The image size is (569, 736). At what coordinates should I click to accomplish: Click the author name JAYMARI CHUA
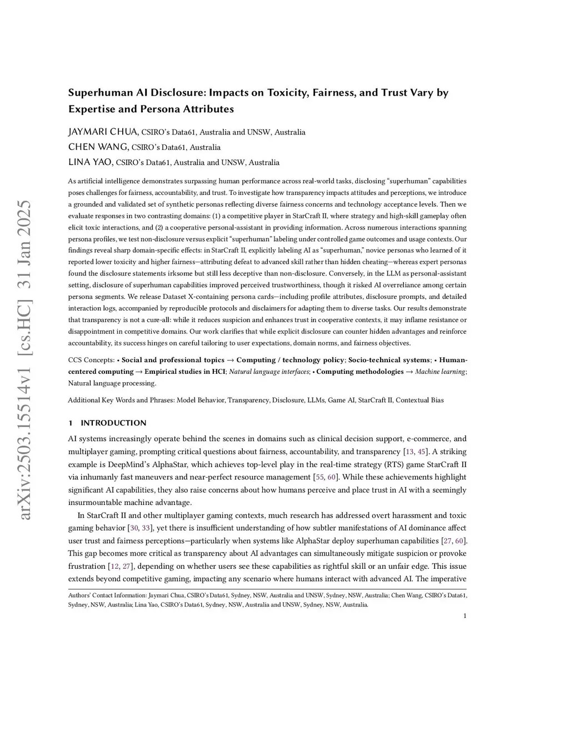tap(103, 132)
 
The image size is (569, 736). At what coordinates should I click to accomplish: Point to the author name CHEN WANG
tap(98, 147)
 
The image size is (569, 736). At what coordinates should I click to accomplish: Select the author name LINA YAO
tap(91, 162)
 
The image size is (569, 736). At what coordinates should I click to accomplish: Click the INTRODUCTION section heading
tap(113, 423)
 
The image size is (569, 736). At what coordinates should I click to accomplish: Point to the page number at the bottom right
tap(465, 615)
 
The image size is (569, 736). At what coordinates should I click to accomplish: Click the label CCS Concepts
tap(91, 360)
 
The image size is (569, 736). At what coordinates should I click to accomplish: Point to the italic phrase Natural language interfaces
tap(269, 372)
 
